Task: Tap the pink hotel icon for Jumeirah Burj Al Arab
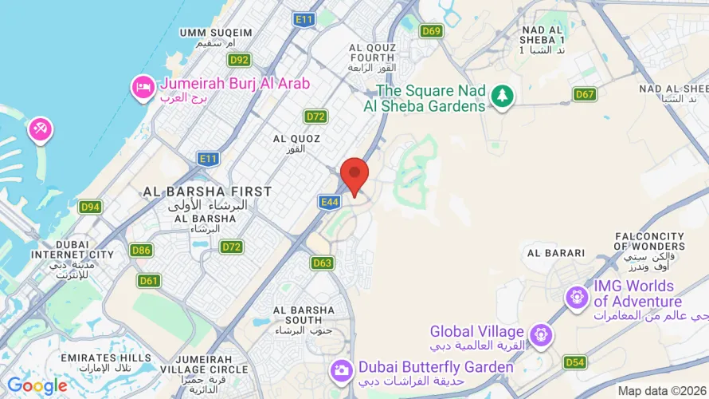(143, 88)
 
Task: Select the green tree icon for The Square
(502, 97)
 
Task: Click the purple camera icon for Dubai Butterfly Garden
(341, 369)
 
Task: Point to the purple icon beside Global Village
(541, 334)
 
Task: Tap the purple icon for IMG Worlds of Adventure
(576, 298)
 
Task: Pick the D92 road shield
(239, 60)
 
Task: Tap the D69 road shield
(431, 31)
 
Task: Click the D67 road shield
(585, 94)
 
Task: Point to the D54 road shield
(574, 362)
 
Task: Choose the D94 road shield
(90, 207)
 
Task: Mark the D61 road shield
(148, 280)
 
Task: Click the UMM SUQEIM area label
(216, 33)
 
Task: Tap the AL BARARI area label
(556, 253)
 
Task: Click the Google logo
(37, 386)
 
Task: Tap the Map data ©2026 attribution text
(662, 391)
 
